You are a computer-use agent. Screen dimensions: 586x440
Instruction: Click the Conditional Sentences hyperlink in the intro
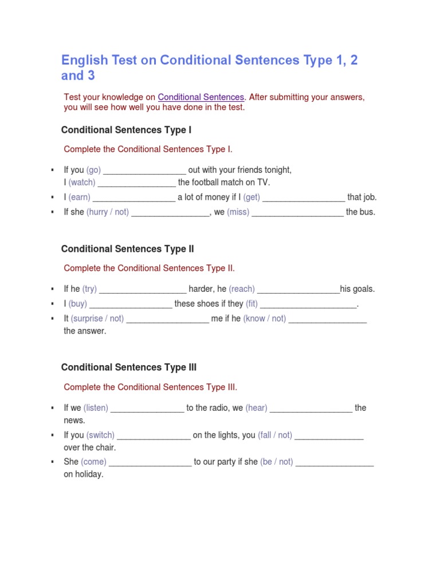[201, 97]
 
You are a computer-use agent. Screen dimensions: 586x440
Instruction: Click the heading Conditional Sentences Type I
[126, 130]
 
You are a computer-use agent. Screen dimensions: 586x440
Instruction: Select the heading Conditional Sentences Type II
[127, 249]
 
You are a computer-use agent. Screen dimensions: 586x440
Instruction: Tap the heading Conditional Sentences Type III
[128, 367]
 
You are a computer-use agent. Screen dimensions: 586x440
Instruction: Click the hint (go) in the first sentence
[93, 170]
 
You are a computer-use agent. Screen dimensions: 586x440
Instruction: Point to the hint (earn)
[79, 197]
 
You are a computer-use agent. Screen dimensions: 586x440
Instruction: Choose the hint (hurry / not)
[108, 212]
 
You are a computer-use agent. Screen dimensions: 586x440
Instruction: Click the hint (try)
[90, 289]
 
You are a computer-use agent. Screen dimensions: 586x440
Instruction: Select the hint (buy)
[78, 304]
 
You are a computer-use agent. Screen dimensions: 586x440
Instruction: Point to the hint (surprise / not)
[97, 319]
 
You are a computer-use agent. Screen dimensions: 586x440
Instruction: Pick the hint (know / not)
[265, 319]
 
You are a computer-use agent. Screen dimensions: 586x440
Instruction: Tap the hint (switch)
[100, 435]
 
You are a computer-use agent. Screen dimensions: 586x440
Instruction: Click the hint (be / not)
[277, 462]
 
